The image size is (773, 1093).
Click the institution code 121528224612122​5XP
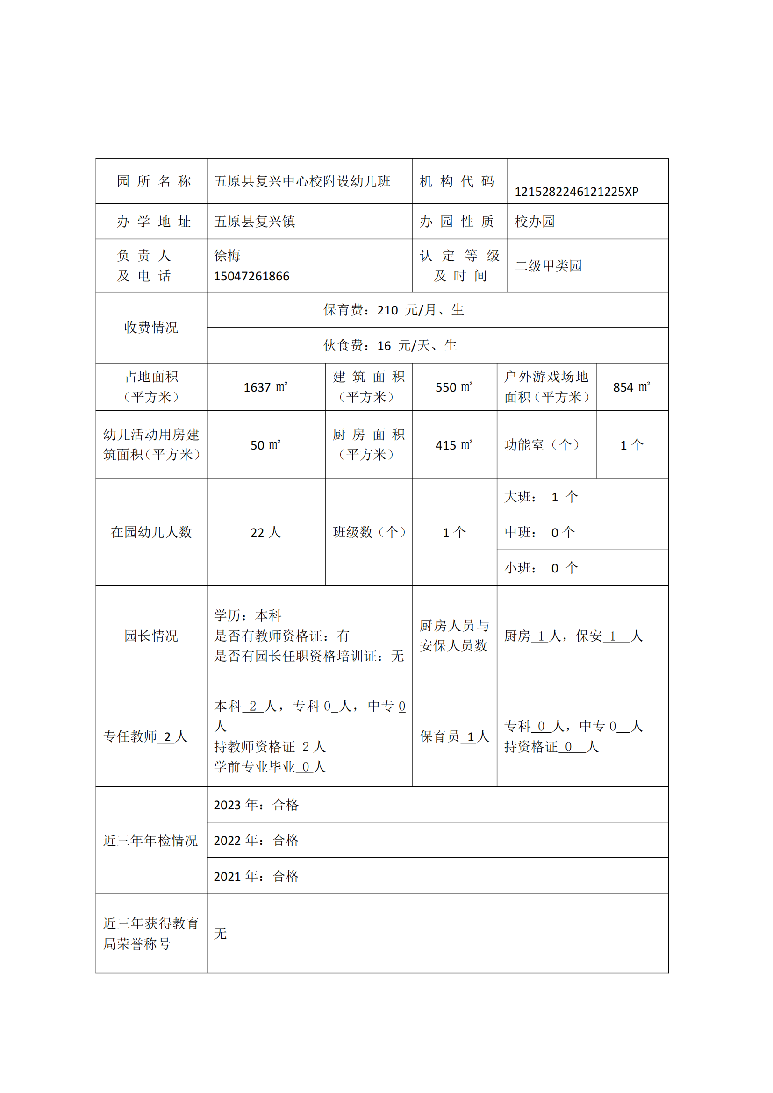tap(576, 192)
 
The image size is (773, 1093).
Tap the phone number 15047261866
tap(251, 276)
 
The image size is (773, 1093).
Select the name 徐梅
tap(227, 256)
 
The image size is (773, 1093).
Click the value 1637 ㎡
tap(265, 387)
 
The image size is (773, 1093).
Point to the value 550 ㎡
tap(454, 387)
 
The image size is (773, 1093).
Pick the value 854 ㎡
tap(631, 387)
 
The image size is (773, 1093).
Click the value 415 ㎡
tap(454, 445)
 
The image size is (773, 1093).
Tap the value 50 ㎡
tap(265, 445)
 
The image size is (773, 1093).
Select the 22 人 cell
tap(265, 532)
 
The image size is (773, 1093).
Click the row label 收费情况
tap(151, 328)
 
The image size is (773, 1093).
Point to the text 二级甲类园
tap(548, 265)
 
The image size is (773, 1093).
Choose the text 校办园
tap(535, 221)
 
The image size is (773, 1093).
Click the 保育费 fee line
tap(394, 310)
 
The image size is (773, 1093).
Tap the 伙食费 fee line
tap(390, 346)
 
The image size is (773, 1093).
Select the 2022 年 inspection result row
tap(256, 840)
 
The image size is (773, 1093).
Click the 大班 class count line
tap(541, 497)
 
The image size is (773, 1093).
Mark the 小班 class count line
tap(541, 568)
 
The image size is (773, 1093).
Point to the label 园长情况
tap(151, 636)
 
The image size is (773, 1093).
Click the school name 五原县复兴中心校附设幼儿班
tap(302, 181)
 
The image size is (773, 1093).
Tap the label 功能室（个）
tap(542, 445)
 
